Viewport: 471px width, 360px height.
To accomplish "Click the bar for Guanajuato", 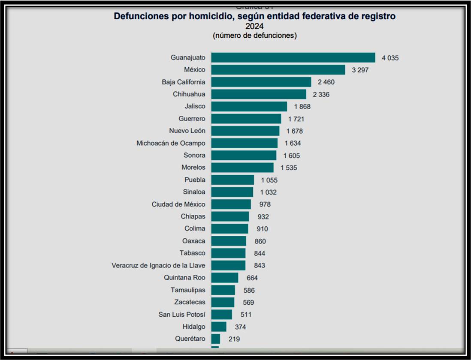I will point(293,57).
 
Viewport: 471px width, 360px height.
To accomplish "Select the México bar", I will point(278,70).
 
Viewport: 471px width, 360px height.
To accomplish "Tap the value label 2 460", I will point(326,82).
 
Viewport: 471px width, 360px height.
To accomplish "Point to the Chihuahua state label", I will point(189,94).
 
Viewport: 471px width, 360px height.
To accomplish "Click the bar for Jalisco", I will point(249,106).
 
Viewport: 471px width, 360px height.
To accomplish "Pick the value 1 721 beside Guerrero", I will point(296,119).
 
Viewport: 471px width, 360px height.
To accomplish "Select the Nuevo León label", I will point(187,131).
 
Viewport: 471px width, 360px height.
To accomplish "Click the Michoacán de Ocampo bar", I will point(244,143).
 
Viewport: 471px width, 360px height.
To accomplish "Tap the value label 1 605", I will point(292,156).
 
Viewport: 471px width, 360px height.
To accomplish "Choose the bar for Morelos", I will point(242,168).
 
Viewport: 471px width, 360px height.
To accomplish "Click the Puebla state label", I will point(195,180).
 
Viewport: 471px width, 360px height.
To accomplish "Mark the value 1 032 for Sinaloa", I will point(269,192).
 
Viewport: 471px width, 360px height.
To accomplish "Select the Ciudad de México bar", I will point(231,204).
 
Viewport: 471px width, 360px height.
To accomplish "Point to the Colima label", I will point(195,229).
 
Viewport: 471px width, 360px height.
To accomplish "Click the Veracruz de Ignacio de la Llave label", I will point(158,265).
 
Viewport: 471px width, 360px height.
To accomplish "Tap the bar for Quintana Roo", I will point(224,278).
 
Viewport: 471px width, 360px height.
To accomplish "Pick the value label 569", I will point(248,303).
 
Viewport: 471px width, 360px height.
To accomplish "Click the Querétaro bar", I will point(215,339).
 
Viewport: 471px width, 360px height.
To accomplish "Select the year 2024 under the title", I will point(254,26).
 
